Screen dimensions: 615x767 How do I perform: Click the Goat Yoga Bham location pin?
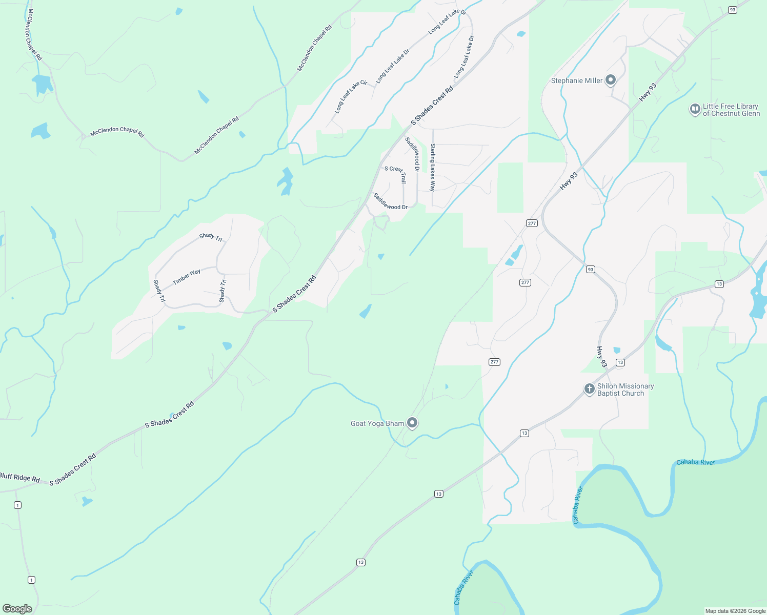pyautogui.click(x=412, y=423)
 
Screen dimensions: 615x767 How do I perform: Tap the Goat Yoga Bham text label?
pyautogui.click(x=377, y=423)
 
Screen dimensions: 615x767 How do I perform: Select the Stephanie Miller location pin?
pyautogui.click(x=610, y=80)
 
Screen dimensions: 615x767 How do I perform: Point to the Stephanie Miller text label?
pyautogui.click(x=577, y=80)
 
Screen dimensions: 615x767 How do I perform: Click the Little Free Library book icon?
pyautogui.click(x=695, y=109)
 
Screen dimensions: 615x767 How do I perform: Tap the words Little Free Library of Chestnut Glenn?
pyautogui.click(x=731, y=110)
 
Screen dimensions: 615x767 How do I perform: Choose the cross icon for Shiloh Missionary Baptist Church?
pyautogui.click(x=589, y=389)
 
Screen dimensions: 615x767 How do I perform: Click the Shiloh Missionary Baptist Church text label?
pyautogui.click(x=625, y=389)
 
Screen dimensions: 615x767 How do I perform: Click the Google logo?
pyautogui.click(x=17, y=608)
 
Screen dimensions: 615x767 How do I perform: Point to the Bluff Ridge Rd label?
pyautogui.click(x=19, y=477)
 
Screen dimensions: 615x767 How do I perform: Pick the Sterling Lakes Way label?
pyautogui.click(x=433, y=167)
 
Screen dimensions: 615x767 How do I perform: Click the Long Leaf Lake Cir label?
pyautogui.click(x=351, y=96)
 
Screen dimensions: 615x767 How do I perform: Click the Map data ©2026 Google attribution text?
pyautogui.click(x=735, y=611)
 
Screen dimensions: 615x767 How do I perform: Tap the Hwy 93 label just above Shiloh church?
pyautogui.click(x=601, y=357)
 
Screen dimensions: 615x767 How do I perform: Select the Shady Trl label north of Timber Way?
pyautogui.click(x=211, y=237)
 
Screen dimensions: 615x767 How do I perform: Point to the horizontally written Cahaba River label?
pyautogui.click(x=695, y=462)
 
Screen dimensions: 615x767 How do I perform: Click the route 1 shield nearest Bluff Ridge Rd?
pyautogui.click(x=18, y=505)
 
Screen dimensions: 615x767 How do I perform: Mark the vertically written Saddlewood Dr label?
pyautogui.click(x=413, y=154)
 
